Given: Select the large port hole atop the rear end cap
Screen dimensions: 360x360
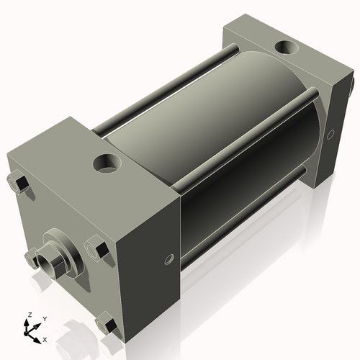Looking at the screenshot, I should point(287,48).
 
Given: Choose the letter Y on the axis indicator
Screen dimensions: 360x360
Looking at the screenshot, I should point(44,318).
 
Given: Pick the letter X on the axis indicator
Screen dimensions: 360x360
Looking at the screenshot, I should point(45,338).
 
